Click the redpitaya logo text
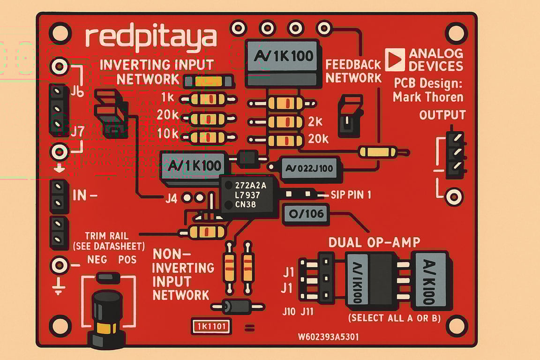[151, 38]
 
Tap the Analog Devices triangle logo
[394, 60]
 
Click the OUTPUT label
[442, 115]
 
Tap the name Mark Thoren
[428, 97]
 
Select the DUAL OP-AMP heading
[374, 242]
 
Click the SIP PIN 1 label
[351, 195]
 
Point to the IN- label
[85, 195]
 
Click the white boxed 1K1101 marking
[211, 326]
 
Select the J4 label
[172, 198]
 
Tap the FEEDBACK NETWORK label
[353, 71]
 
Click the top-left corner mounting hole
[60, 33]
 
